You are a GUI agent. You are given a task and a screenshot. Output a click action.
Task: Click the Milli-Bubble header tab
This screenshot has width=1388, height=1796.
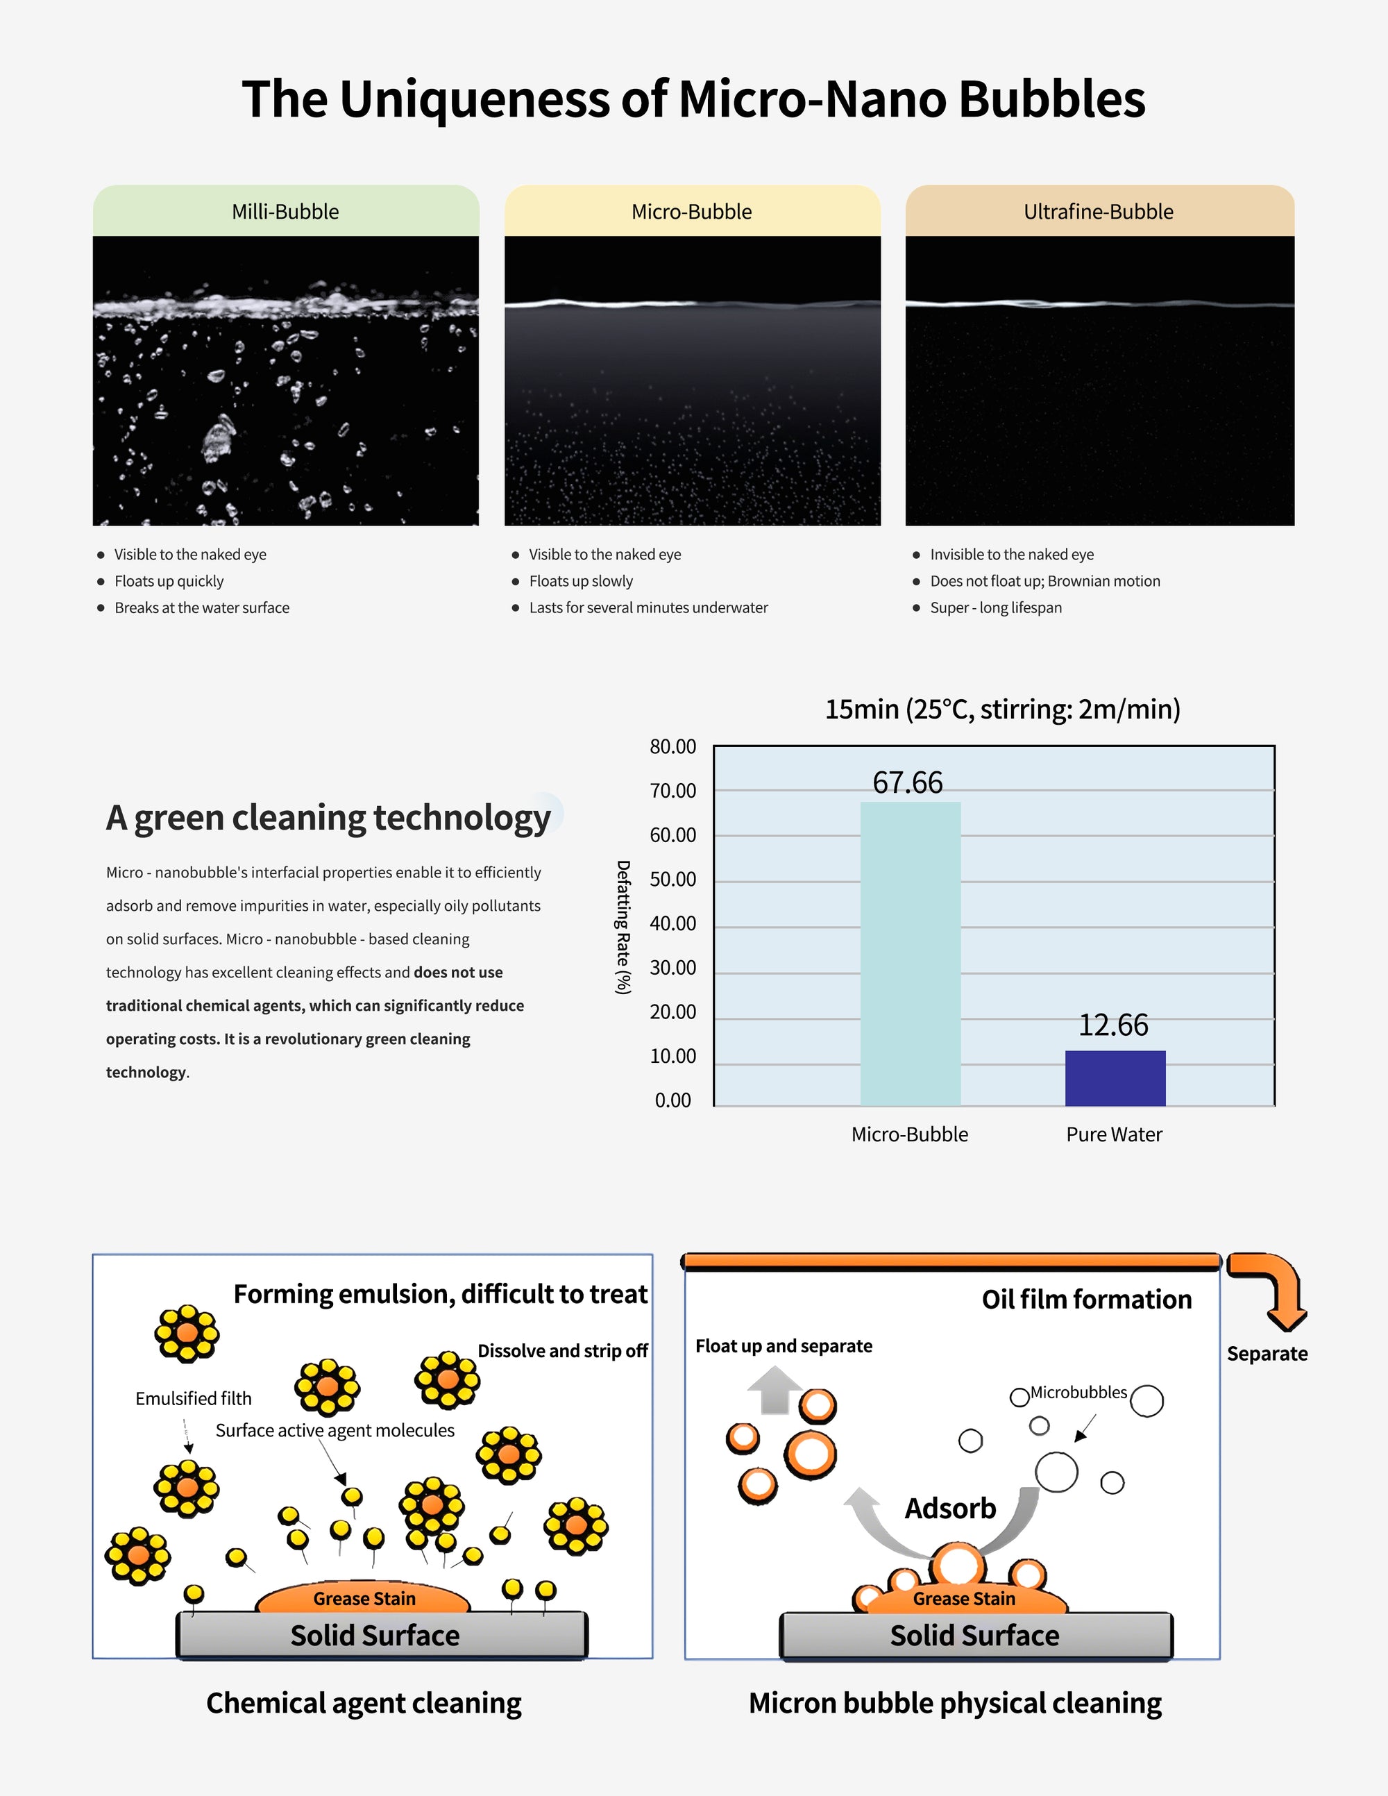285,211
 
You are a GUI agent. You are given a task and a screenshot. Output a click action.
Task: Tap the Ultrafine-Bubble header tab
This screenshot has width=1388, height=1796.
1099,211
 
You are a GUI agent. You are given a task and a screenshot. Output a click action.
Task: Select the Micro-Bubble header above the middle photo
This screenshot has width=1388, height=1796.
691,211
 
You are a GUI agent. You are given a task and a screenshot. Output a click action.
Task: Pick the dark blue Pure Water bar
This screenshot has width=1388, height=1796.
1115,1078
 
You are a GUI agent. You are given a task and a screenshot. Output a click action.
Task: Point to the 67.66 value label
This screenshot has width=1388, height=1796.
907,782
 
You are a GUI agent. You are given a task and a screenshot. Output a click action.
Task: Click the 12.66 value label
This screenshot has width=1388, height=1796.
1112,1025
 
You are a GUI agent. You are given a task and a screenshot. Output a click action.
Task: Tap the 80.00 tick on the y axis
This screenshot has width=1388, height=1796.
672,747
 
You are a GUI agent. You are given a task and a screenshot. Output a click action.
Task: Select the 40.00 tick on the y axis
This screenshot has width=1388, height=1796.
672,923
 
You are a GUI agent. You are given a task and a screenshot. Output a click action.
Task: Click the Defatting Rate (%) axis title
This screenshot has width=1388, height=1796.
623,927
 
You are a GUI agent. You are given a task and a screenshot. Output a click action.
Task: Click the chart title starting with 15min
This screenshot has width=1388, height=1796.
1002,709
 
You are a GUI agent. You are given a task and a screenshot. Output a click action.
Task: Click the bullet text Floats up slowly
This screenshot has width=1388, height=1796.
580,580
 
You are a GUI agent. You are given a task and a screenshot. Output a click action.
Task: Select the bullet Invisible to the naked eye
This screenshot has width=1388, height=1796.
1011,554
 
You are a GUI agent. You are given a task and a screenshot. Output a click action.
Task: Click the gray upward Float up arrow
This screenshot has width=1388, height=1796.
775,1390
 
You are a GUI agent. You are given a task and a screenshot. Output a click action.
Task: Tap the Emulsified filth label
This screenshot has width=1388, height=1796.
193,1398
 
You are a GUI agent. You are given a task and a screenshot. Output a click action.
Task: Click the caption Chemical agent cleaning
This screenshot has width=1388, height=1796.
364,1702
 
